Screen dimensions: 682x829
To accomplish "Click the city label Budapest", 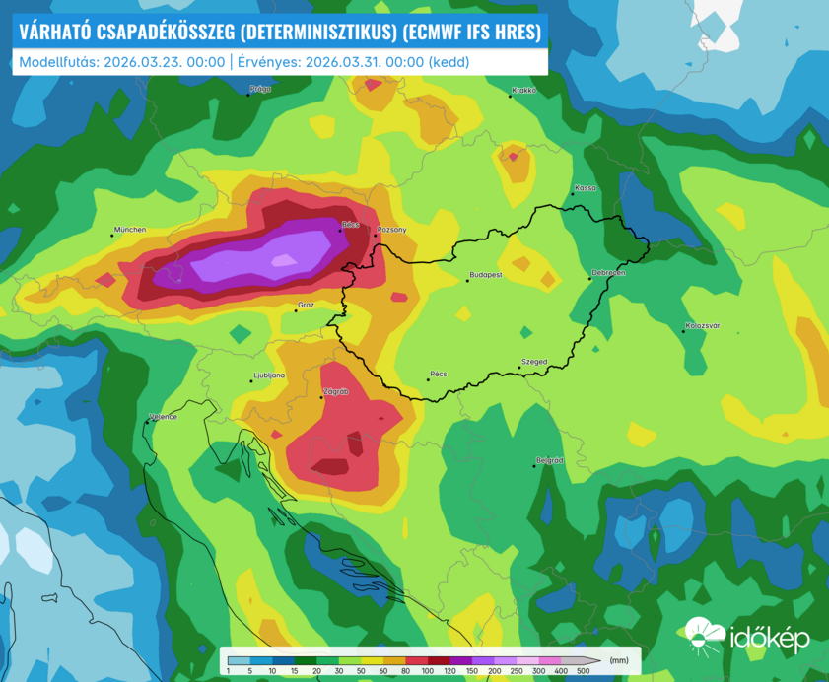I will coord(487,275).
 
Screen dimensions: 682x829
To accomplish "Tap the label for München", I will coord(130,230).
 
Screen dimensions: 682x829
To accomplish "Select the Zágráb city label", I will coord(336,391).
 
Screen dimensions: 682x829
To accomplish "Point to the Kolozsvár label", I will coord(703,325).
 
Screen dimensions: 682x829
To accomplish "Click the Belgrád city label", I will coord(549,460).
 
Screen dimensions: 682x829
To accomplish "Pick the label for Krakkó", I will coord(523,91).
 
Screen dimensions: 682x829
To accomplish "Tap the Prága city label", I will coord(260,89).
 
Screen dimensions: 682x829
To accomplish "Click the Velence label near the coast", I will coord(164,417).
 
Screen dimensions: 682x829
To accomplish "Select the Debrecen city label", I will coord(608,272).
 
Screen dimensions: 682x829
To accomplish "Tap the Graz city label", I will coord(306,306).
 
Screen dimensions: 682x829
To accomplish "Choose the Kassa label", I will coord(586,187).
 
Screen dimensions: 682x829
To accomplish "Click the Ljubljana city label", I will coord(269,375).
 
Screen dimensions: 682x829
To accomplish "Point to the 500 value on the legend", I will coord(583,670).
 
